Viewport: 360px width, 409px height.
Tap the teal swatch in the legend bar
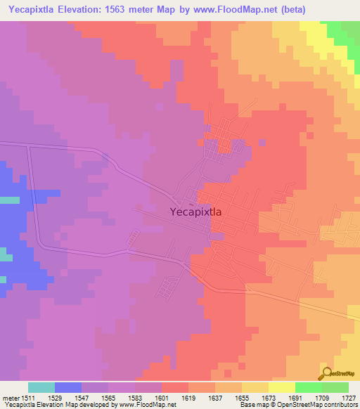(x=41, y=387)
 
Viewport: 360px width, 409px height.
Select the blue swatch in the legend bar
(x=68, y=387)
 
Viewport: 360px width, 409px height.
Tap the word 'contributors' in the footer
(x=342, y=405)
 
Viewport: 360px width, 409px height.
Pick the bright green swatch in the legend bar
(x=309, y=387)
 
